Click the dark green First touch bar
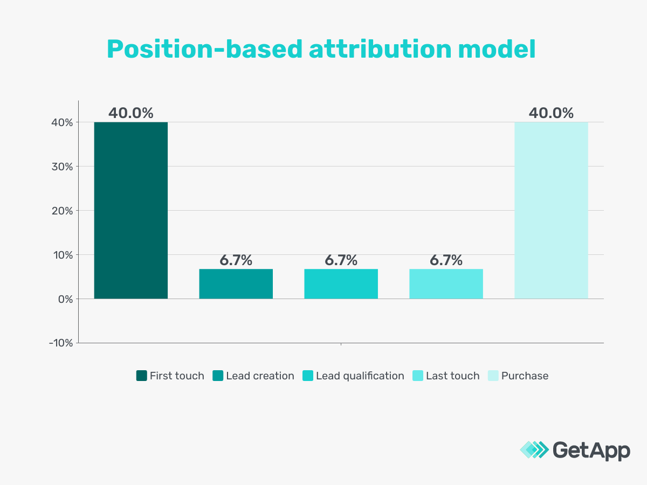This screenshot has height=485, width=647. tap(130, 210)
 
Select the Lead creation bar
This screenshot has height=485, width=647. tap(236, 283)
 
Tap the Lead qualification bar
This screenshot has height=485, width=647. tap(341, 283)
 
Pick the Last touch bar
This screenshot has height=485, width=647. tap(446, 283)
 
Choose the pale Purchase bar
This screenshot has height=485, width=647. tap(551, 210)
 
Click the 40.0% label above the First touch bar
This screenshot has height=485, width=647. tap(130, 113)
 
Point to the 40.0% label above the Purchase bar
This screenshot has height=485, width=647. tap(551, 113)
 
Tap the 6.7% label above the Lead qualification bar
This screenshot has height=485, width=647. tap(341, 260)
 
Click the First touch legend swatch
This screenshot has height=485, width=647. tap(141, 376)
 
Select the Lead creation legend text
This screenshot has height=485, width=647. tap(260, 376)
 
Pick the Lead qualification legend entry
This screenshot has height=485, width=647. tap(354, 376)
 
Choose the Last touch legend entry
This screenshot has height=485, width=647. tap(446, 376)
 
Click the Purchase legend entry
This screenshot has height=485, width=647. tap(518, 376)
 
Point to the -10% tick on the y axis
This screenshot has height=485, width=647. tap(60, 343)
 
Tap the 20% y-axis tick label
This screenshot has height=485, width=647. tap(62, 211)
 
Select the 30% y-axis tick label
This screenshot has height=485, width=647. tap(62, 167)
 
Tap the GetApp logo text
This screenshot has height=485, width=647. tap(591, 450)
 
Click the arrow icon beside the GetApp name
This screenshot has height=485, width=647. tap(534, 450)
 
